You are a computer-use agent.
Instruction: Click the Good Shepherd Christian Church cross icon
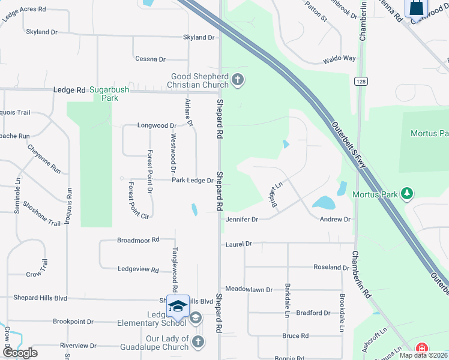click(x=238, y=80)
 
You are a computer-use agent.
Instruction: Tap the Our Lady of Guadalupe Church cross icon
click(x=199, y=343)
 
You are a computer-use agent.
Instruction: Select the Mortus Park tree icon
click(x=408, y=193)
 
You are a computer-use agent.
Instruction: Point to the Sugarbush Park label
click(x=109, y=93)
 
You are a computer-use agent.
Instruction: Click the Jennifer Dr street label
click(x=242, y=220)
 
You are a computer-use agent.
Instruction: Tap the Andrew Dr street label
click(x=334, y=220)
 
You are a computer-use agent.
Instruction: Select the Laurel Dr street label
click(x=238, y=244)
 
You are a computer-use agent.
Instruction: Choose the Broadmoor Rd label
click(x=138, y=239)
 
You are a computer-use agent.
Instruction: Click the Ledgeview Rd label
click(x=138, y=269)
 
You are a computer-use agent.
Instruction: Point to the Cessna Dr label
click(x=151, y=59)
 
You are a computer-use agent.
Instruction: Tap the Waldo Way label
click(x=339, y=59)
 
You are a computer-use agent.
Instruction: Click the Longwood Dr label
click(x=155, y=126)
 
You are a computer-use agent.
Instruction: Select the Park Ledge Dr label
click(x=193, y=180)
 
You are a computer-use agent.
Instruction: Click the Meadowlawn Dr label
click(x=249, y=289)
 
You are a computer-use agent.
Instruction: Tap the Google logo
click(x=20, y=353)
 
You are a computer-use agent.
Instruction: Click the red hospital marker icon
click(x=423, y=348)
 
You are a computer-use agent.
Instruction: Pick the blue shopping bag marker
click(x=416, y=8)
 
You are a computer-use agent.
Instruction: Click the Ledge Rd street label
click(x=70, y=90)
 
